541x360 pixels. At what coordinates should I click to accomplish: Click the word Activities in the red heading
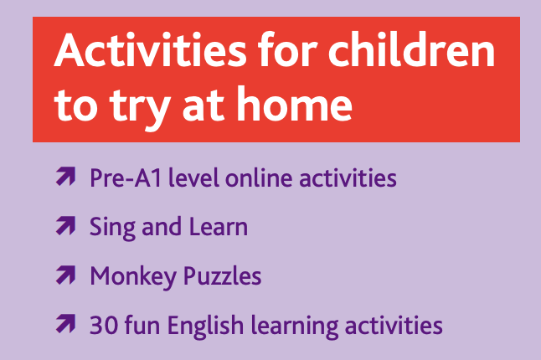tap(151, 49)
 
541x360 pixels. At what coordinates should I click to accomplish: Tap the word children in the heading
tap(412, 49)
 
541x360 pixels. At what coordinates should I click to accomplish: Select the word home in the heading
tap(294, 104)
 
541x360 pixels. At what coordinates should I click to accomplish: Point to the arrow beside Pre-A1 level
tap(65, 177)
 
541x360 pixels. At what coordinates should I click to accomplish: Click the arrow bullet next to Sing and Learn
tap(65, 226)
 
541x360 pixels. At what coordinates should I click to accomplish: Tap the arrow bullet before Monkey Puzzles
tap(65, 275)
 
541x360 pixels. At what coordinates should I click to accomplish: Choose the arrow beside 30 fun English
tap(65, 324)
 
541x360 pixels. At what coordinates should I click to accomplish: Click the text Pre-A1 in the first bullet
tap(126, 178)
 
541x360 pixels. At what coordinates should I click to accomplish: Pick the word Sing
tap(112, 228)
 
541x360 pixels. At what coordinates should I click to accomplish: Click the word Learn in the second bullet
tap(219, 227)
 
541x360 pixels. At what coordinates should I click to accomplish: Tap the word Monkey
tap(133, 277)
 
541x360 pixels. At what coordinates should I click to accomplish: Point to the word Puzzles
tap(222, 276)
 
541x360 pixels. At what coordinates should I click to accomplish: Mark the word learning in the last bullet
tap(295, 327)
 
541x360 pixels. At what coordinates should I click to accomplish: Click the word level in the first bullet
tap(193, 178)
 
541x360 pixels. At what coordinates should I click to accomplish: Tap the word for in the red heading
tap(287, 49)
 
